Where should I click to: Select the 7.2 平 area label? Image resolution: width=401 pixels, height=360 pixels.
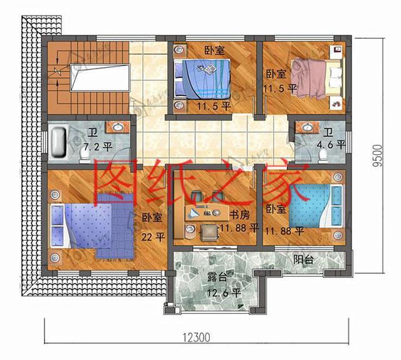pos(98,147)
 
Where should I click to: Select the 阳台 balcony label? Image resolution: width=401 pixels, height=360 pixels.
pos(304,258)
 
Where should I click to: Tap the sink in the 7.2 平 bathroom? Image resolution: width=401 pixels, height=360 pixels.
pos(117,127)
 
